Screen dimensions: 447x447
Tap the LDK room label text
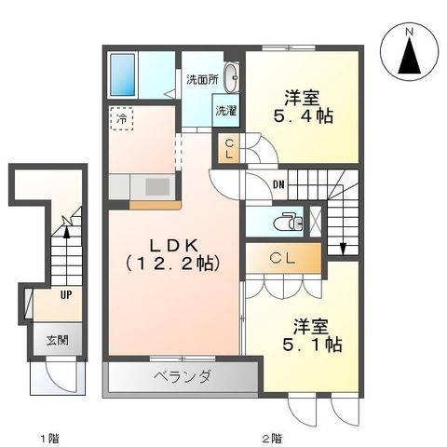point(174,254)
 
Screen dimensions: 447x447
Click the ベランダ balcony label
point(183,377)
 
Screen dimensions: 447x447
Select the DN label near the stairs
point(279,183)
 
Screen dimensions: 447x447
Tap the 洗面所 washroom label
point(202,80)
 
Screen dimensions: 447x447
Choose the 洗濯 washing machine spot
point(226,111)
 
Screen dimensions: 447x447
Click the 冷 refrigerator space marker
point(120,118)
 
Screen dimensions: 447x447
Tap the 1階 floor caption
point(48,437)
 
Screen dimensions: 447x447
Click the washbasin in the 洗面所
point(232,77)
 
